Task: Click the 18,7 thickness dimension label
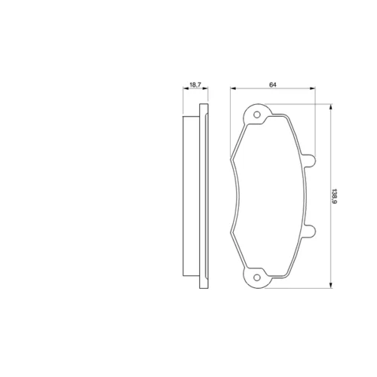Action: click(x=195, y=84)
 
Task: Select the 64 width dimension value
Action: click(x=273, y=85)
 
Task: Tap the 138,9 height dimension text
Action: click(x=334, y=196)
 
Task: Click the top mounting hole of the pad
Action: click(x=257, y=115)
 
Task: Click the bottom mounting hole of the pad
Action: click(x=257, y=277)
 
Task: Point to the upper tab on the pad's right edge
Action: click(x=310, y=161)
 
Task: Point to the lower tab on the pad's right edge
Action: click(x=310, y=231)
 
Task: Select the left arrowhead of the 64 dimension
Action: click(x=233, y=88)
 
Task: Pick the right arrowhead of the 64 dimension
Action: click(x=312, y=88)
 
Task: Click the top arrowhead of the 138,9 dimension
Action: click(x=331, y=107)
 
